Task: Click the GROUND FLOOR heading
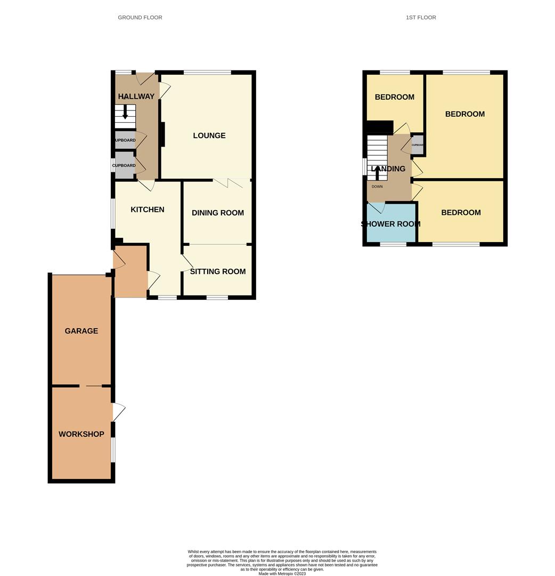(x=140, y=18)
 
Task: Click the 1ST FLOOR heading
(x=421, y=18)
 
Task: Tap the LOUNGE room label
(x=209, y=135)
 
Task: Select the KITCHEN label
(x=148, y=210)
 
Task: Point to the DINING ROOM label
(x=218, y=213)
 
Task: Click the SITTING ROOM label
(x=218, y=271)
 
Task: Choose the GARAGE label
(x=81, y=331)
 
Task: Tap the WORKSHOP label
(x=81, y=434)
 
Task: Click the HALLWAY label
(x=136, y=97)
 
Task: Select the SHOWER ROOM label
(x=391, y=224)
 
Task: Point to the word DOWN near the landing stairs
(x=377, y=187)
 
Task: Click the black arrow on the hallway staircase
(x=125, y=113)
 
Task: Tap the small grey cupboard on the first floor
(x=418, y=145)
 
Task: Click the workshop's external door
(x=118, y=412)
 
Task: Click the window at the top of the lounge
(x=207, y=72)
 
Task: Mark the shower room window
(x=393, y=244)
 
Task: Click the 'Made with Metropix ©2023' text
(x=282, y=573)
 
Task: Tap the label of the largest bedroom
(x=465, y=114)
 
